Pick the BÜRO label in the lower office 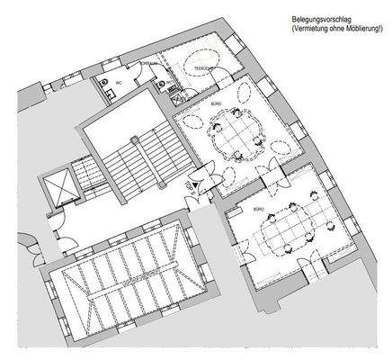258,208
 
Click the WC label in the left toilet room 118,83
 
